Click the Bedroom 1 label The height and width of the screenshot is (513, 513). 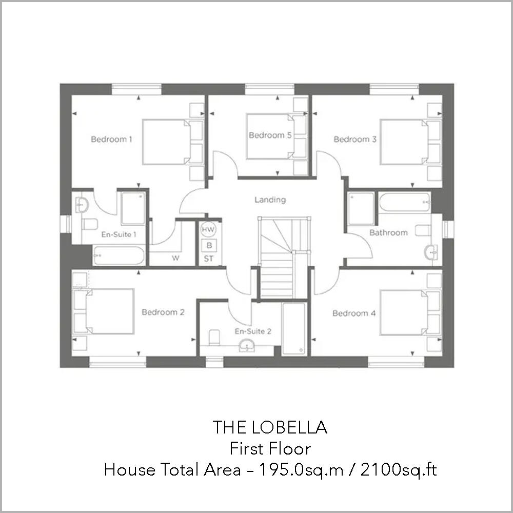111,139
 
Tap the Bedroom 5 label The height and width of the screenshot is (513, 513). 266,135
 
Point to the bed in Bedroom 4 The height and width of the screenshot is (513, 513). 405,313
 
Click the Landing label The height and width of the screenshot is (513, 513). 270,200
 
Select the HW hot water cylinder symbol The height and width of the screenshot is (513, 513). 208,229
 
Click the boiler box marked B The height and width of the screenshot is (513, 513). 209,245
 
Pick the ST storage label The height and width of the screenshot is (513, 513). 208,259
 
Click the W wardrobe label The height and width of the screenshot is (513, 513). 175,258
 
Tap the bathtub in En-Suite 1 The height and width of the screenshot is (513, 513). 119,255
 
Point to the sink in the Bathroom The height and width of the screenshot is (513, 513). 431,251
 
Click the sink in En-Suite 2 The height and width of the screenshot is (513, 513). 248,346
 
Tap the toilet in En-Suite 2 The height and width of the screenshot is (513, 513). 214,337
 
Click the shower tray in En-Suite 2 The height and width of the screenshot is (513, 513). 294,328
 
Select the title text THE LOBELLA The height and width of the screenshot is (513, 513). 270,427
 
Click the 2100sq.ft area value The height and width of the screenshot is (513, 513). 399,469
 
